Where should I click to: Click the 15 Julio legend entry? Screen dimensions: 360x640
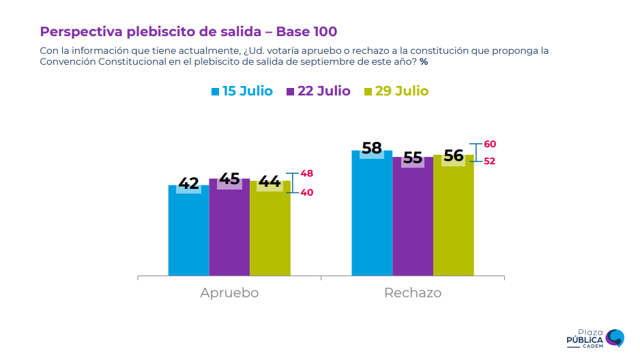242,91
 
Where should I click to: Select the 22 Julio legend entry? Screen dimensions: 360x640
319,91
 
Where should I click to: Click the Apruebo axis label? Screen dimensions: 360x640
229,292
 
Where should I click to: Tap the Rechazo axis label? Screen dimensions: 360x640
413,292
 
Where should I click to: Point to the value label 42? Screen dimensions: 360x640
188,183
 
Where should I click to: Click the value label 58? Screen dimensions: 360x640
372,148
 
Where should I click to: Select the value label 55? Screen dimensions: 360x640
413,157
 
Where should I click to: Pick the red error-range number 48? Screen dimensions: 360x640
307,173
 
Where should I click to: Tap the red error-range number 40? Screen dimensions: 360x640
307,192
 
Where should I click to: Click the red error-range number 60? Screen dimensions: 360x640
490,144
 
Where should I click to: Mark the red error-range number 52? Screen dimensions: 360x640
490,161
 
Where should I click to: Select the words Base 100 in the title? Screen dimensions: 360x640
306,31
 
